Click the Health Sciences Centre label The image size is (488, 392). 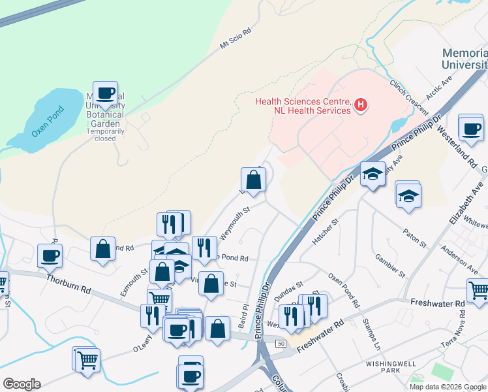pyautogui.click(x=302, y=106)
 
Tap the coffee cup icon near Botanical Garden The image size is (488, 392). pyautogui.click(x=105, y=93)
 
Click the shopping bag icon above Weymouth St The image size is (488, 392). pyautogui.click(x=253, y=179)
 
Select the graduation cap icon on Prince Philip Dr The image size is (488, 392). pyautogui.click(x=373, y=173)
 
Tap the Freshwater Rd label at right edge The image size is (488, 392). pyautogui.click(x=438, y=303)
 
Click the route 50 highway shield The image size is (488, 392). pyautogui.click(x=281, y=344)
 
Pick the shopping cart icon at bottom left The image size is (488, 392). pyautogui.click(x=87, y=358)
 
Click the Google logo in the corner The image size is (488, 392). pyautogui.click(x=22, y=384)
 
